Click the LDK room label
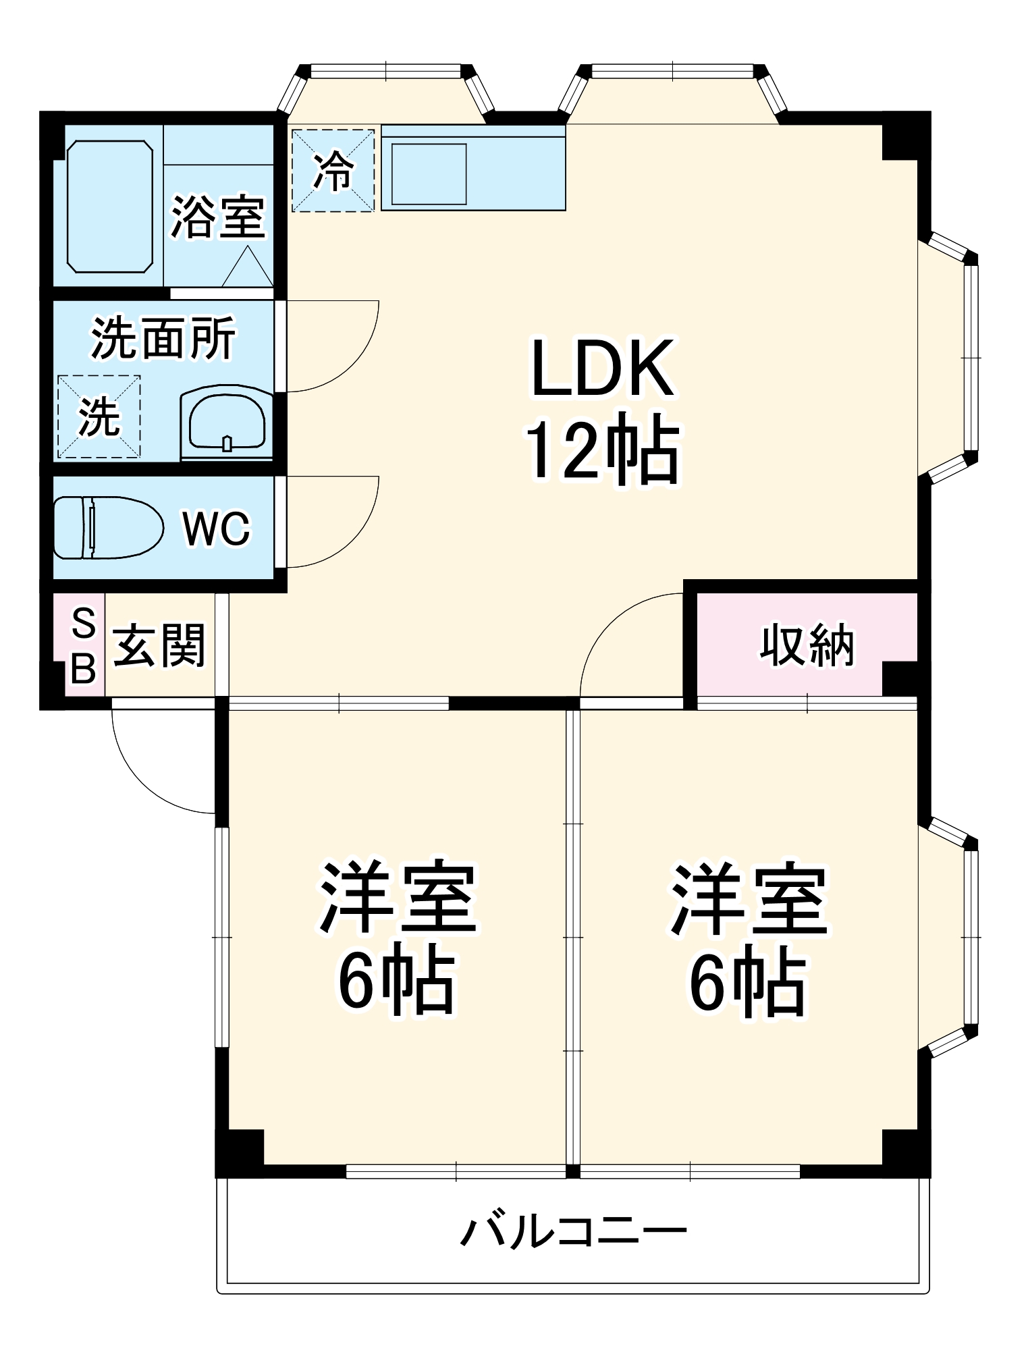(x=602, y=368)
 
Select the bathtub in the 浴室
(x=110, y=207)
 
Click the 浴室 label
(x=217, y=217)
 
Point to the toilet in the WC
(x=108, y=528)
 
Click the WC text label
(x=217, y=529)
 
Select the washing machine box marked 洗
(x=99, y=416)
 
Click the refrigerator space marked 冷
(x=333, y=171)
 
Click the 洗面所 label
(x=163, y=337)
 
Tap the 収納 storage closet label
(x=807, y=645)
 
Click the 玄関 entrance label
(x=159, y=645)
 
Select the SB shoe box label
(x=84, y=645)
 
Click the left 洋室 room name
(x=398, y=897)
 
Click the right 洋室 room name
(x=748, y=897)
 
